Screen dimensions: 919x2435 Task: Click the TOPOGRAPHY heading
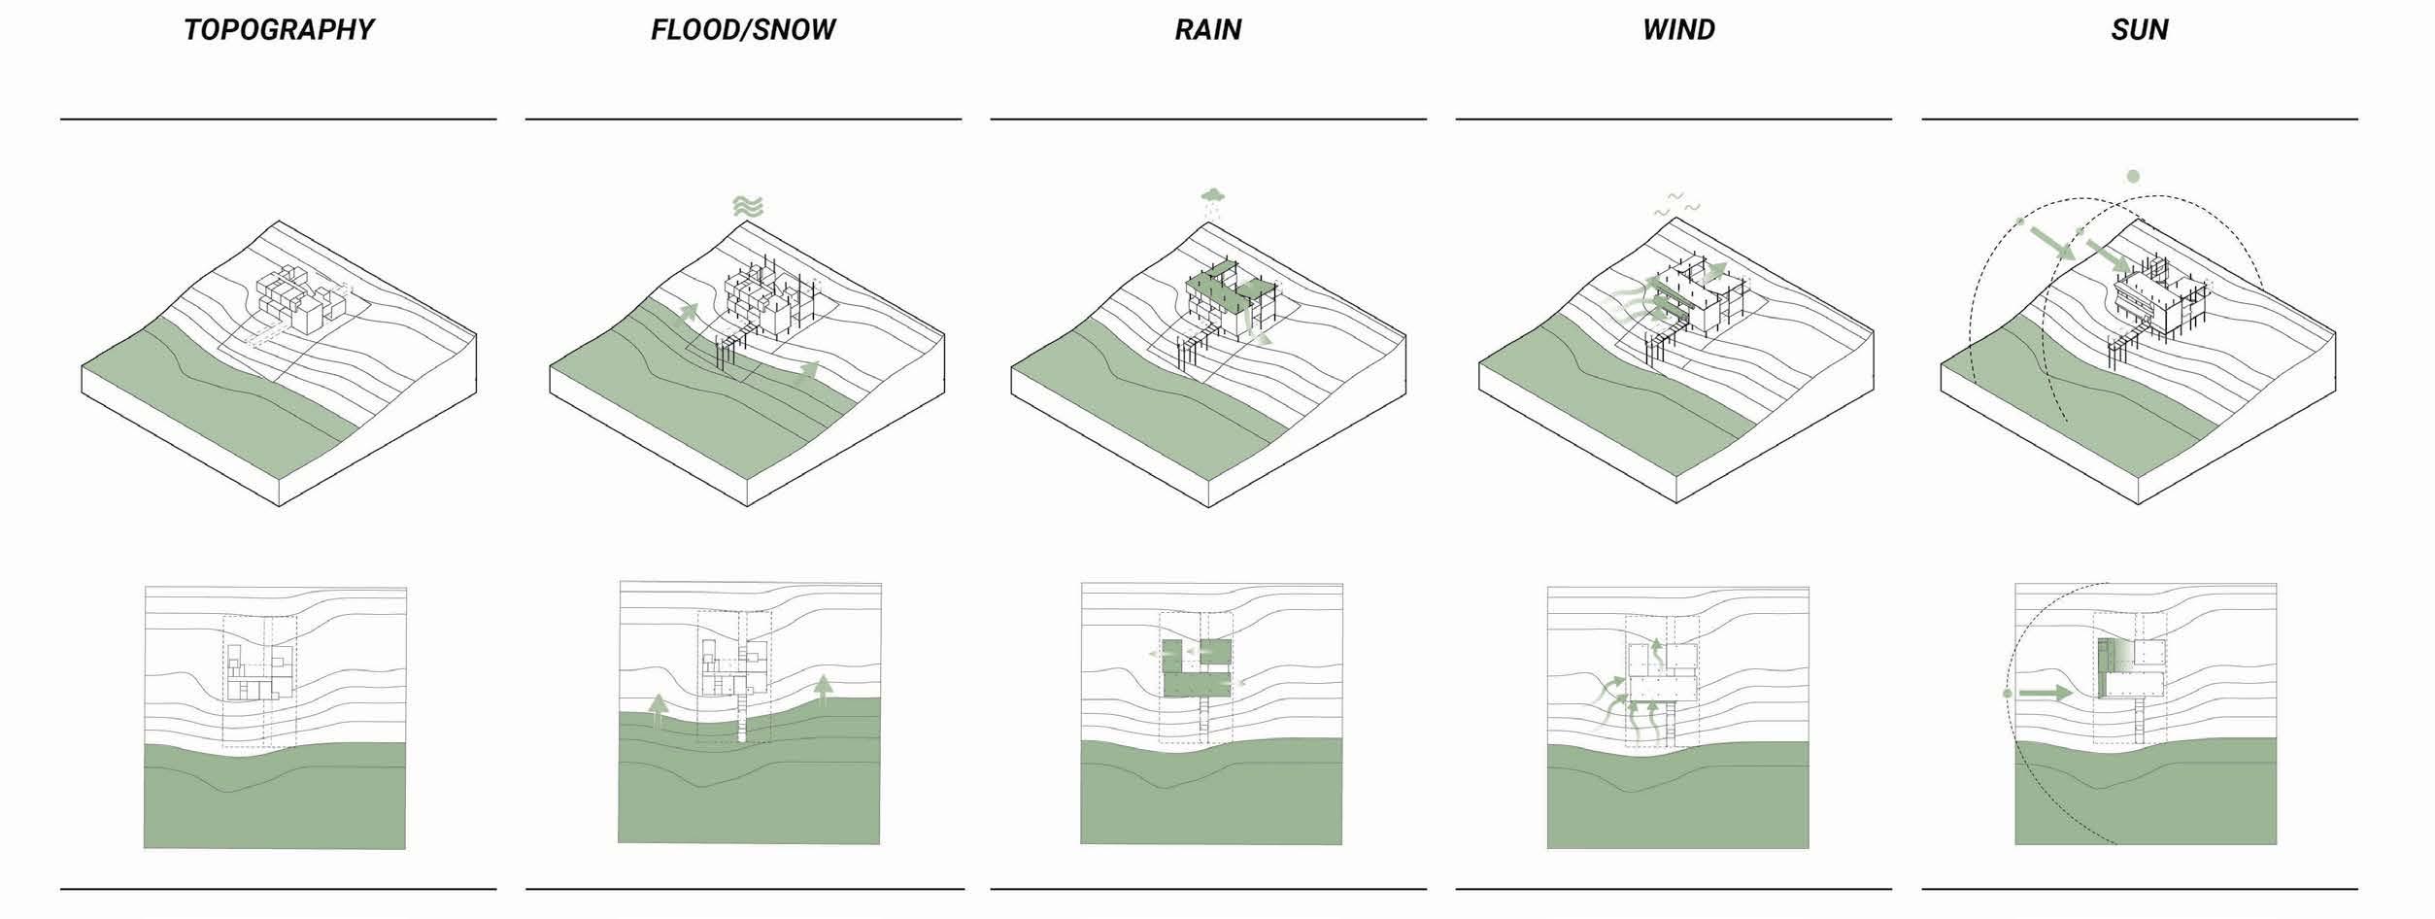279,30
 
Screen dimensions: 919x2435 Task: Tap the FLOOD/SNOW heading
743,30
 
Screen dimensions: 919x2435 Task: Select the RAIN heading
1207,30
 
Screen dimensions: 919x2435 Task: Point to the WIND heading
1678,30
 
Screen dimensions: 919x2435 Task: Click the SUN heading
2139,30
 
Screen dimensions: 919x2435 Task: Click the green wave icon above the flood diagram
747,206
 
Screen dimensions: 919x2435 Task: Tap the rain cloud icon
1211,198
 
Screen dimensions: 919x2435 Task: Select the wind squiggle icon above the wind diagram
1677,205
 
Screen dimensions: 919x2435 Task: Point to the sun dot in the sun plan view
2008,694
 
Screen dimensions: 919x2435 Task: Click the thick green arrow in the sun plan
2046,694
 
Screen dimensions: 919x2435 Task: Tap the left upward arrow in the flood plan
658,711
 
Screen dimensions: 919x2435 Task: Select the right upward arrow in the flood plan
824,690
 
